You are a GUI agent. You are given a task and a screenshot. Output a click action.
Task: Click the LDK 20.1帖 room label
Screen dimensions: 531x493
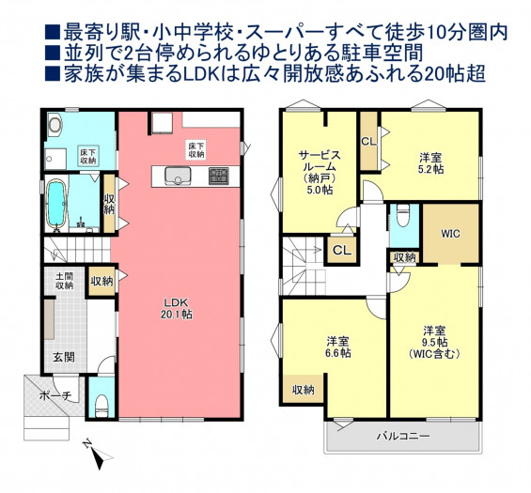click(x=177, y=308)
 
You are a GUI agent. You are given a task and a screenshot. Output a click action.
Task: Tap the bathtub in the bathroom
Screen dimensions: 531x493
click(x=55, y=203)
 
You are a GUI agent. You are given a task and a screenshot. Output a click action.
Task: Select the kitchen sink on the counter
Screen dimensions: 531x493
click(x=178, y=176)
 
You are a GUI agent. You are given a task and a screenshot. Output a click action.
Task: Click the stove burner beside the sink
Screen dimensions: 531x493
click(x=219, y=176)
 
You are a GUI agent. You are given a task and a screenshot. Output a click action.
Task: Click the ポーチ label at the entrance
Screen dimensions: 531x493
click(x=55, y=396)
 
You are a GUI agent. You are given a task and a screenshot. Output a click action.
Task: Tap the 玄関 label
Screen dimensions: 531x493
click(x=64, y=357)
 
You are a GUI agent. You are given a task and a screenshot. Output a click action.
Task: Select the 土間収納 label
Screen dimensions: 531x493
click(x=64, y=281)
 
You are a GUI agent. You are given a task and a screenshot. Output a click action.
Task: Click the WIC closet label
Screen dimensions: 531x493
click(x=451, y=234)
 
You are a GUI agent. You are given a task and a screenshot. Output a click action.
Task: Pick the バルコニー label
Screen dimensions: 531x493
click(x=404, y=436)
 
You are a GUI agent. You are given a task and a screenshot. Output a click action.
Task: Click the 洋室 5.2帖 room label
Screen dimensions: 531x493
click(x=431, y=163)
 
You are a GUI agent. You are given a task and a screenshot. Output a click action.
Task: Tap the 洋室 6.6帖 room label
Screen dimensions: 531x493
click(x=338, y=347)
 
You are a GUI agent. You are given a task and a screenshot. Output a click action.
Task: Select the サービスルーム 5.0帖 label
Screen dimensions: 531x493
click(x=320, y=172)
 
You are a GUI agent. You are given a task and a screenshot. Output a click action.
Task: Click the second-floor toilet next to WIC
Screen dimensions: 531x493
click(x=402, y=218)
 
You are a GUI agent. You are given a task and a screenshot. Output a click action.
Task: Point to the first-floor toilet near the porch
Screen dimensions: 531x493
click(x=102, y=407)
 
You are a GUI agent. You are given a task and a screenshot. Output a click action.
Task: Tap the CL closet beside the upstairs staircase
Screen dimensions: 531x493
click(x=342, y=251)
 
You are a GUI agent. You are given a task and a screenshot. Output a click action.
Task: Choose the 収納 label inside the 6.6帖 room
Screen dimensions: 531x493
click(x=303, y=390)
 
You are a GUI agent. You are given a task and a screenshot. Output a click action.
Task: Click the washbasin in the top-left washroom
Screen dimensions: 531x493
click(x=55, y=124)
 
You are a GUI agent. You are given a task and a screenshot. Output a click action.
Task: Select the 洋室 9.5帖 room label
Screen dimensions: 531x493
click(x=434, y=342)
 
